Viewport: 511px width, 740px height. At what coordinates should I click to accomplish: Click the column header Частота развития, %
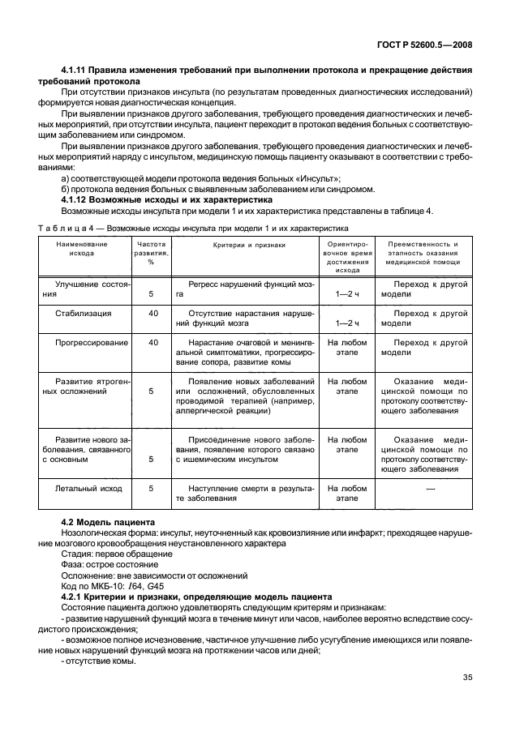point(152,252)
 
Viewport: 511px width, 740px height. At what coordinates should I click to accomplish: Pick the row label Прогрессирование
point(83,342)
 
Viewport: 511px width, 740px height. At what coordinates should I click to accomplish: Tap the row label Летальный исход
point(88,489)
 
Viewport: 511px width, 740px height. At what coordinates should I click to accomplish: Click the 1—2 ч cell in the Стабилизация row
point(347,323)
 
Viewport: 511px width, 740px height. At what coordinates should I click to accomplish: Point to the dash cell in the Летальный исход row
point(430,489)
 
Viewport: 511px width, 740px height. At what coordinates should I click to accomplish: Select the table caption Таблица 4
point(194,228)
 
